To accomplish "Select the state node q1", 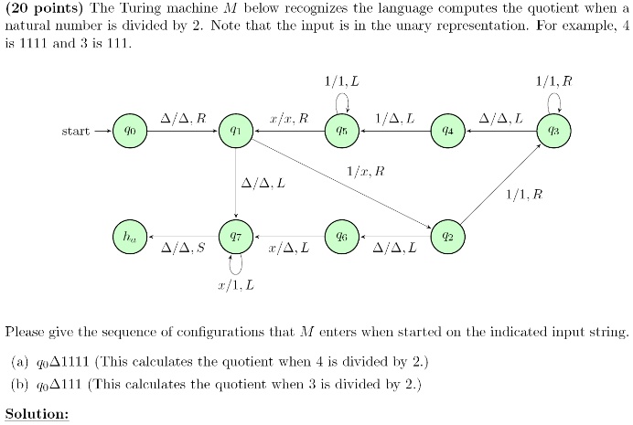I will (236, 131).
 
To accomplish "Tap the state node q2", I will (446, 235).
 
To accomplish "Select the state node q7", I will (236, 235).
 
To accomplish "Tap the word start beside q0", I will (75, 132).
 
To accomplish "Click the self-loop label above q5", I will (342, 81).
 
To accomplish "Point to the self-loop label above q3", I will (554, 81).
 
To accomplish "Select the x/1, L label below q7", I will (236, 285).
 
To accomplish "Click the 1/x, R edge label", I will (366, 171).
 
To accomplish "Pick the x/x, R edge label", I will (289, 119).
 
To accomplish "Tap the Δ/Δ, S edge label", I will (183, 248).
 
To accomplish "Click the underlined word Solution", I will (37, 413).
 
